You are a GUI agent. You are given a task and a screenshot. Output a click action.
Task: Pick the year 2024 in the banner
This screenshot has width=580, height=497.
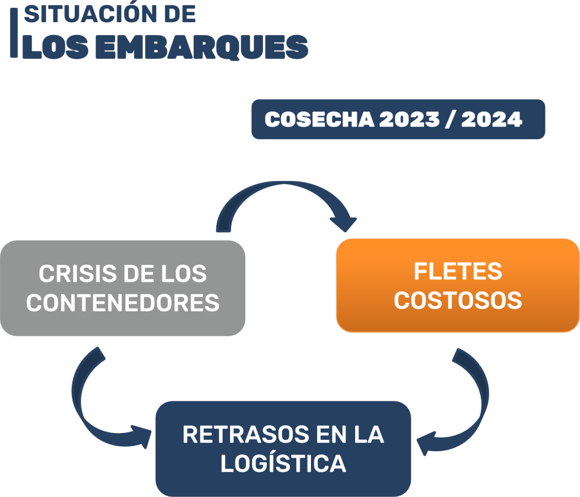point(491,119)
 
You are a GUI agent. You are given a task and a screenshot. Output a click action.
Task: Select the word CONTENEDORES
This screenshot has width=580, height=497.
point(123,303)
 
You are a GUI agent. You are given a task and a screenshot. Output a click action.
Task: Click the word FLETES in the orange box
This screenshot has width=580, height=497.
point(458,272)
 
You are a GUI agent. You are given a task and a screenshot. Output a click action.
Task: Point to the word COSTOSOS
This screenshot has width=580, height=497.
point(458,301)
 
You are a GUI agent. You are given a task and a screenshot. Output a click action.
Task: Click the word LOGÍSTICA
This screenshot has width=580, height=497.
point(283,464)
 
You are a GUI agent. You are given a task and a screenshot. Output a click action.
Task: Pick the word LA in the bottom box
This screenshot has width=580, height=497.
point(369,435)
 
